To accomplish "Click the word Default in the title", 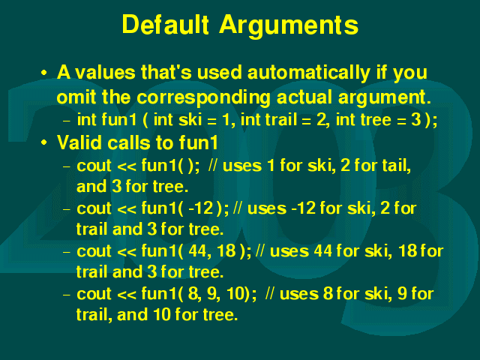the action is point(166,24).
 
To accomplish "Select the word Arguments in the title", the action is point(289,25).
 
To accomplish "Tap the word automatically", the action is point(308,72).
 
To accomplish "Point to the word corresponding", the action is point(203,98).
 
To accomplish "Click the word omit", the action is point(77,97).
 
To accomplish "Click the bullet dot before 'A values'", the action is point(44,73).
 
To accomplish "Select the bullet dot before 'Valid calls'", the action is point(44,142).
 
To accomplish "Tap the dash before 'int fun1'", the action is point(67,121).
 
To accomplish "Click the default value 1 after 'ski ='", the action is point(226,119).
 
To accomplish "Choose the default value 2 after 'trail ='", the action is point(321,119).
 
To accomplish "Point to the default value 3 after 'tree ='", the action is point(415,119).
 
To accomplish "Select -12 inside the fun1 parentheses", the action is point(201,208).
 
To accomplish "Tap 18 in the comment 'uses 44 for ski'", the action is point(408,251).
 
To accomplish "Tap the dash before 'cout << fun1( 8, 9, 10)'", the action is point(67,295).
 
